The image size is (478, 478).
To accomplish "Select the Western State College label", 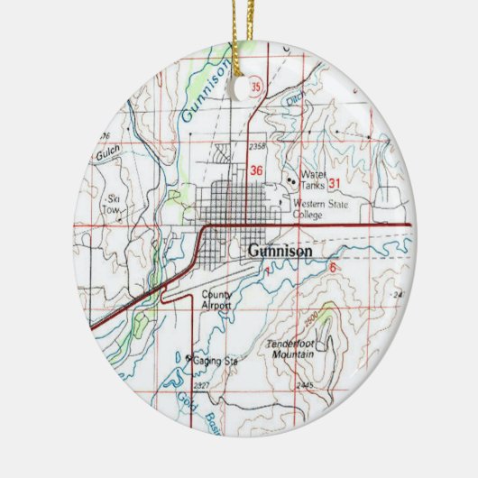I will click(x=315, y=209).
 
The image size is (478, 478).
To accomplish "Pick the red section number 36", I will click(x=257, y=170).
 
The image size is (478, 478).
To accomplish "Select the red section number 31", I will click(x=335, y=183).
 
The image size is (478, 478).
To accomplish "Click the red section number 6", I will click(x=332, y=268).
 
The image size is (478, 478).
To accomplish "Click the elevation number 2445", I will click(x=304, y=386).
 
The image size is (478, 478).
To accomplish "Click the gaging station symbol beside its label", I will click(x=189, y=359).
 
